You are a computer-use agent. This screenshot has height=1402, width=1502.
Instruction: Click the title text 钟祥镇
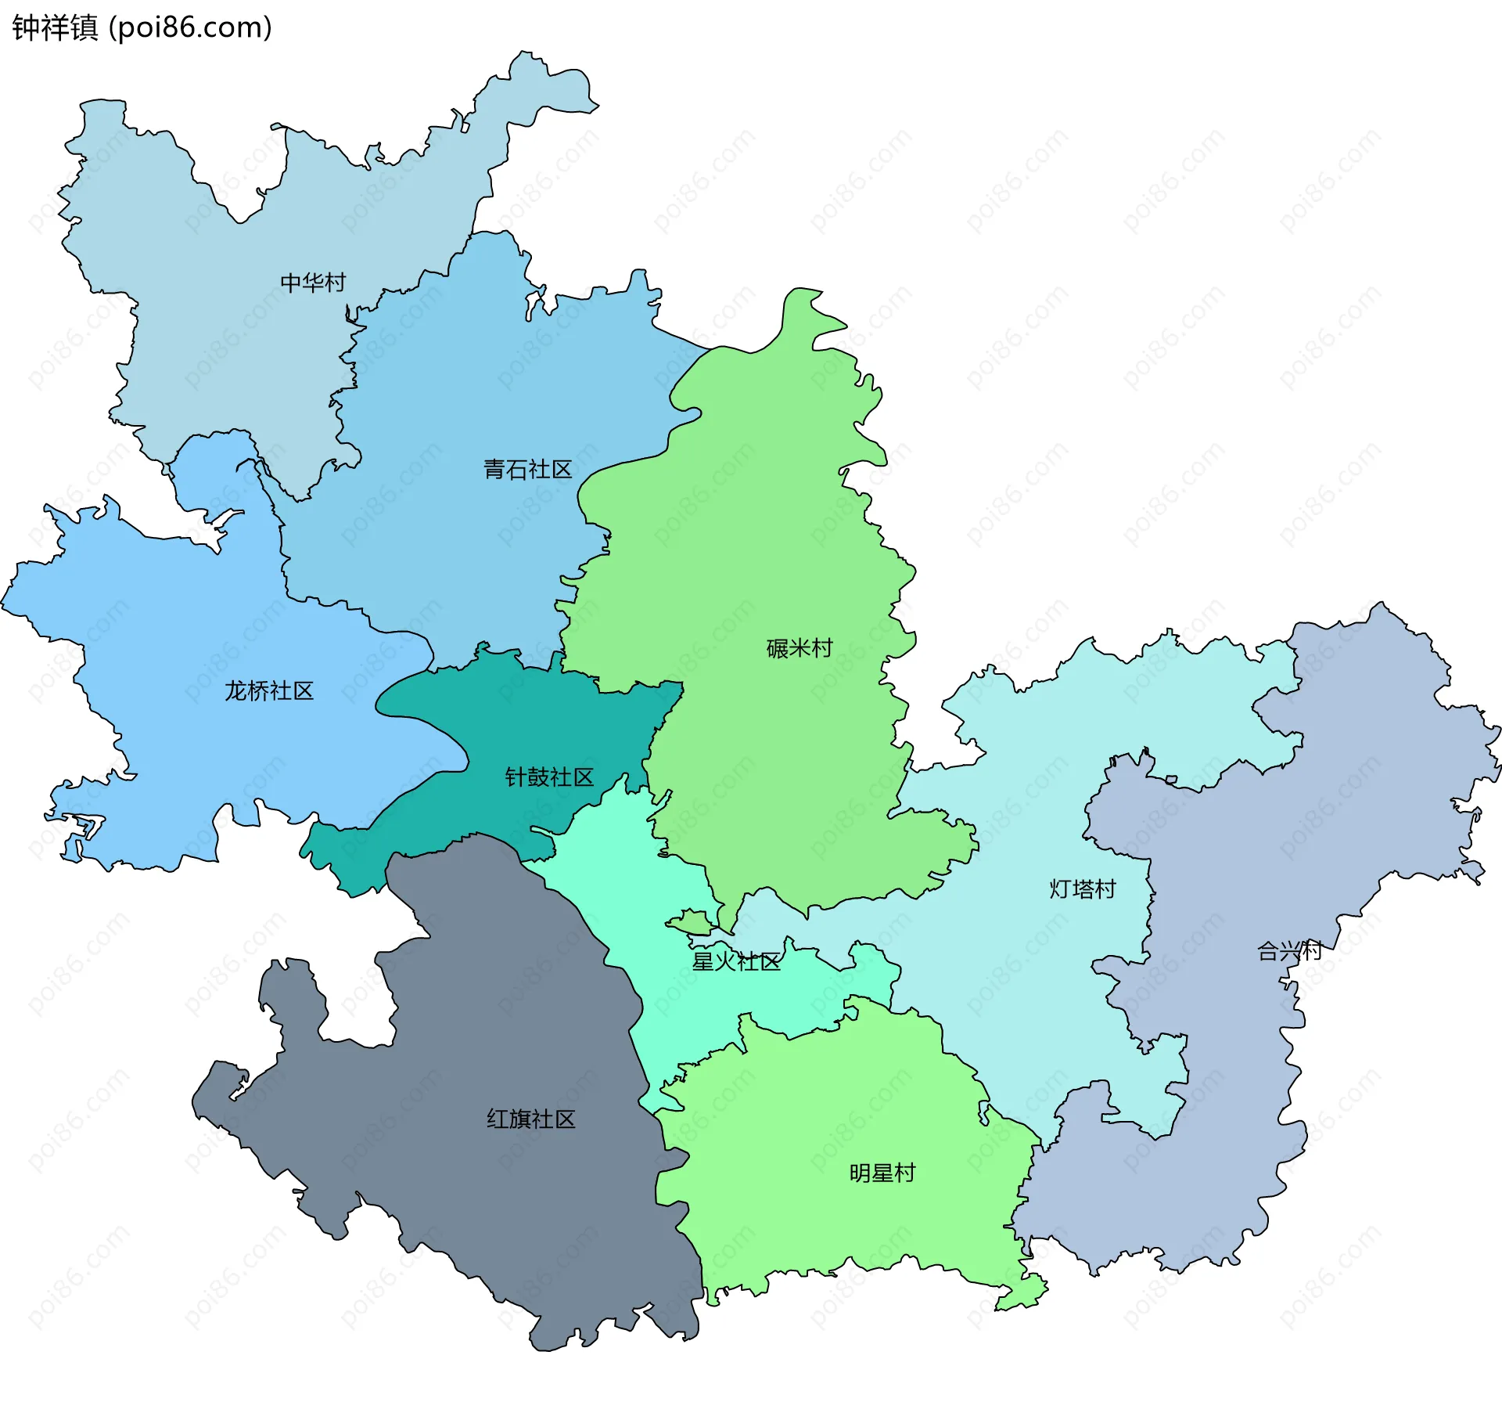(55, 27)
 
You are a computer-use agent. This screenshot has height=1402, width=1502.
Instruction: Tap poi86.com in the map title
(190, 27)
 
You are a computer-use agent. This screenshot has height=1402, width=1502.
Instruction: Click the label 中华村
(313, 283)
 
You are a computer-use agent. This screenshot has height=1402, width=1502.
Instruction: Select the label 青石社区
(527, 470)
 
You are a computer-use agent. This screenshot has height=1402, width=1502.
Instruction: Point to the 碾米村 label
(799, 648)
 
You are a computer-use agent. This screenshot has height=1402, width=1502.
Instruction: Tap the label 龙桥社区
(268, 690)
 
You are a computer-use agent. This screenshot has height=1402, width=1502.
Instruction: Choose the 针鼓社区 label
(549, 777)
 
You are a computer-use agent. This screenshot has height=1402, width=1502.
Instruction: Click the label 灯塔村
(1082, 889)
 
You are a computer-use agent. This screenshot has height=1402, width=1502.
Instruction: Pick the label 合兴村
(1288, 951)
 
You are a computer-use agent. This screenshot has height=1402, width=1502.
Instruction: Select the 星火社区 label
(735, 961)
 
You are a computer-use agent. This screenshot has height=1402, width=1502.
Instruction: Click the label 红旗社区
(530, 1119)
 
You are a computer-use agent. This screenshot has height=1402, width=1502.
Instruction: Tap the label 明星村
(882, 1173)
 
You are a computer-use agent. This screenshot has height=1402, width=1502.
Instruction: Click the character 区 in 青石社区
(561, 470)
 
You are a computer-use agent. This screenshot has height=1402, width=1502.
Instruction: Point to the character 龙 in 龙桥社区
(235, 690)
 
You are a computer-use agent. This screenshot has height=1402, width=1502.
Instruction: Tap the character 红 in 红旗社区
(498, 1119)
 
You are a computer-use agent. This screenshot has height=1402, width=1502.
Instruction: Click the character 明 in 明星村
(860, 1173)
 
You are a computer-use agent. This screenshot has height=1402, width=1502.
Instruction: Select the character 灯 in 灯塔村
(1060, 889)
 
